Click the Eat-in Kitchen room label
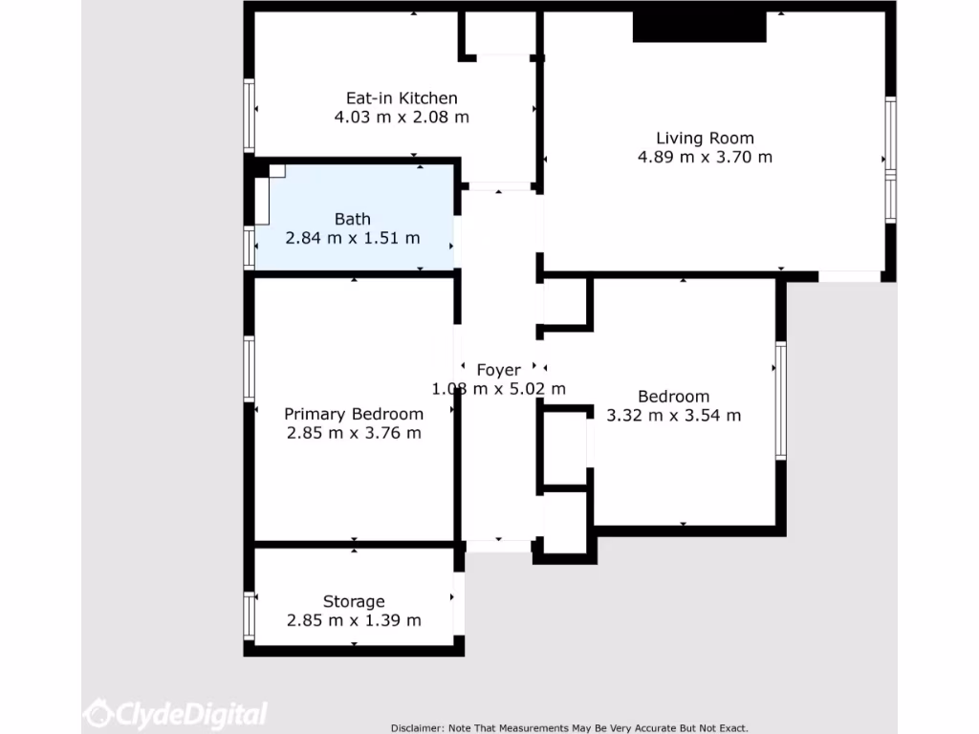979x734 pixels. pos(402,97)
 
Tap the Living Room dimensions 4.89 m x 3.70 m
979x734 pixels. pos(705,157)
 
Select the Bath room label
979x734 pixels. pos(353,219)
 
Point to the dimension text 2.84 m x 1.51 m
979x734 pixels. pos(353,238)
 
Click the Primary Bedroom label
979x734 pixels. pos(354,414)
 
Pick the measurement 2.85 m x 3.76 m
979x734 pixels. pos(354,433)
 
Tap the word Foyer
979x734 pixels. pos(499,370)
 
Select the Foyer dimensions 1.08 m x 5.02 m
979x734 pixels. pos(499,389)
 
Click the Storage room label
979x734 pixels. pos(354,601)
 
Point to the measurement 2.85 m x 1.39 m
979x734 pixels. pos(354,620)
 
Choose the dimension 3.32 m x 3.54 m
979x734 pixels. pos(674,415)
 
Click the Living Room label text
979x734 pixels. pos(705,138)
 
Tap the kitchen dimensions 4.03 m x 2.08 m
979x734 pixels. pos(402,117)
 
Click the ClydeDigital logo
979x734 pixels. pos(176,713)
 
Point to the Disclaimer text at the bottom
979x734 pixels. pos(570,727)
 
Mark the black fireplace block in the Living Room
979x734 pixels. pos(700,27)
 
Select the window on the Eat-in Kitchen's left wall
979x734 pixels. pos(250,116)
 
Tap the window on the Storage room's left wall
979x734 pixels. pos(250,616)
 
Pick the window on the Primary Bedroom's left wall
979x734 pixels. pos(250,368)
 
